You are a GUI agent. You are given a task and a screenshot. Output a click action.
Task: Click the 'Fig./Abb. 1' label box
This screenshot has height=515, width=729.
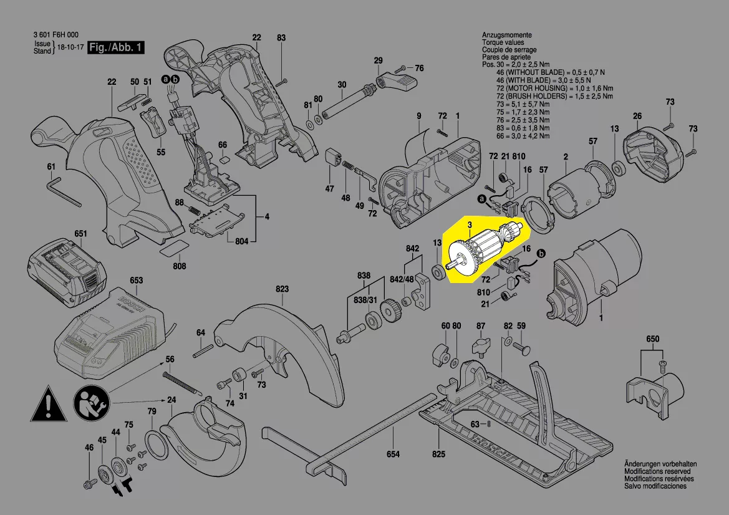(116, 48)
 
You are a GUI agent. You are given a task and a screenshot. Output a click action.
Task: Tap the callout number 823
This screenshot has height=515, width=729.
(282, 289)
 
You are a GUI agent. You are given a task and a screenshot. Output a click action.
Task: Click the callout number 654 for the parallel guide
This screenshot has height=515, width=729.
(393, 455)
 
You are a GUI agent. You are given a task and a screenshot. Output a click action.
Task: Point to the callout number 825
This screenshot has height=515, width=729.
(440, 455)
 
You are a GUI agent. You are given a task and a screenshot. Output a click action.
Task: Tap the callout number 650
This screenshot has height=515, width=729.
(652, 339)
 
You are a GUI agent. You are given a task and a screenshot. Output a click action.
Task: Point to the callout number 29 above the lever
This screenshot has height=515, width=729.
(378, 60)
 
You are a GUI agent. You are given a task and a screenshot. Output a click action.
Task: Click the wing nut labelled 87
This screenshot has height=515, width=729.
(481, 344)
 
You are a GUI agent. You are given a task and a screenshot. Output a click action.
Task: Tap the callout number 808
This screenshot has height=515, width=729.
(180, 266)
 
